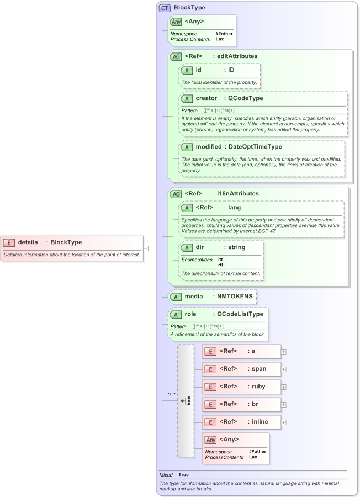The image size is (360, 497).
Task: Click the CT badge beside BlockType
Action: [165, 8]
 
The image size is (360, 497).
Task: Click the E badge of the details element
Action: [9, 242]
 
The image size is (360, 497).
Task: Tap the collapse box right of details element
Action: [146, 248]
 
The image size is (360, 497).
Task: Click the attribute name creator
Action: [207, 98]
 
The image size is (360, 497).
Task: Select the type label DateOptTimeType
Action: [255, 147]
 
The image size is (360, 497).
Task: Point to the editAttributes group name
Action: [237, 56]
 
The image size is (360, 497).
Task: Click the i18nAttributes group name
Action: [238, 194]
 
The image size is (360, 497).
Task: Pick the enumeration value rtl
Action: [220, 265]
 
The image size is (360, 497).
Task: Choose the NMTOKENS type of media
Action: [235, 297]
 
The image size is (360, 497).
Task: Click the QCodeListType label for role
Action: [240, 314]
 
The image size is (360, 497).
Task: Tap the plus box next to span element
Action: [284, 369]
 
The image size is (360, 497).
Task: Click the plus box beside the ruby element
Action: [284, 387]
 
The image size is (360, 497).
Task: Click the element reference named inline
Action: [259, 422]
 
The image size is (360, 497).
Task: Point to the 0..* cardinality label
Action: [172, 395]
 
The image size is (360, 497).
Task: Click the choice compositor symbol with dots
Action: [186, 400]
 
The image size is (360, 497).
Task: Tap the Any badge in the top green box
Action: [176, 22]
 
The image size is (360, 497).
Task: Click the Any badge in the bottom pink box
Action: [210, 440]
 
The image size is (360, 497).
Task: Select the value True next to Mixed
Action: [183, 475]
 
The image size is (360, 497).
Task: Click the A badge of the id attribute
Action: [188, 71]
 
